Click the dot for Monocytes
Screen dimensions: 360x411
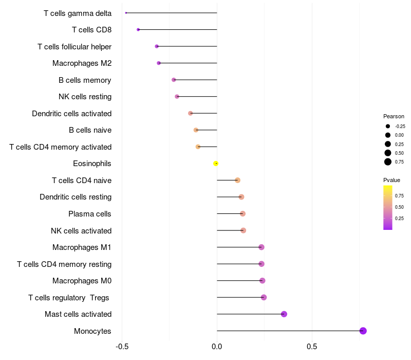[363, 331]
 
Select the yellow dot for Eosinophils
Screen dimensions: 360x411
[216, 164]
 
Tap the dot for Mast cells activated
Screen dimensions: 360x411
[284, 314]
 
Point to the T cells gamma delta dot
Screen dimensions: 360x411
[126, 13]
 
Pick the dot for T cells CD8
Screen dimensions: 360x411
[138, 30]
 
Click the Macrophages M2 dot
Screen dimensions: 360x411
[159, 63]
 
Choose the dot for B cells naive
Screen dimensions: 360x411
[196, 130]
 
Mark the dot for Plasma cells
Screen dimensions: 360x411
[243, 214]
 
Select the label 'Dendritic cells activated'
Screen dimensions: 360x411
[72, 114]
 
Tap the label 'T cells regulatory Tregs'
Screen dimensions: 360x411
[69, 298]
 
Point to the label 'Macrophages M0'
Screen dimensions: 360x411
[82, 281]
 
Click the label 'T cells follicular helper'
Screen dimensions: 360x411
[74, 47]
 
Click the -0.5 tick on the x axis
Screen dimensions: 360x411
[122, 347]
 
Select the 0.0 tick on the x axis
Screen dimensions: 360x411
[217, 347]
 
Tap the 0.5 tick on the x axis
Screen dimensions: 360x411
[312, 347]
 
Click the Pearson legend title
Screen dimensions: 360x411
[394, 116]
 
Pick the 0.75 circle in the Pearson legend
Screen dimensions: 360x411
[388, 162]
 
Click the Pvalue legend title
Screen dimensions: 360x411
[391, 180]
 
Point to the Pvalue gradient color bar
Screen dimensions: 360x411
[388, 207]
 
